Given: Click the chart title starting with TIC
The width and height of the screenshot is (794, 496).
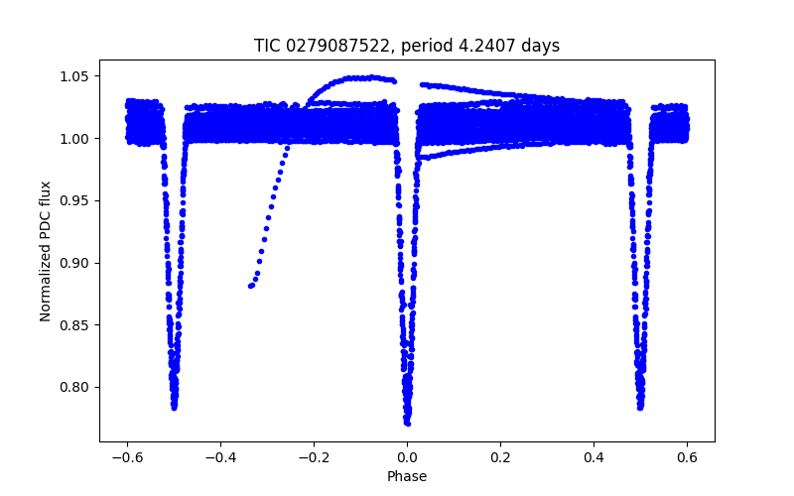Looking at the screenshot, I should [407, 46].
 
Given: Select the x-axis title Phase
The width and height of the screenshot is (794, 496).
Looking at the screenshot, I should [407, 477].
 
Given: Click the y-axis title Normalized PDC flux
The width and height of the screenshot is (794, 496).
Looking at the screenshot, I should [46, 250].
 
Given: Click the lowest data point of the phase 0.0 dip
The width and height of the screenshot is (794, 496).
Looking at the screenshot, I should [408, 423].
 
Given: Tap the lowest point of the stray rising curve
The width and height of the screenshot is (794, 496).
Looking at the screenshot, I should [250, 286].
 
